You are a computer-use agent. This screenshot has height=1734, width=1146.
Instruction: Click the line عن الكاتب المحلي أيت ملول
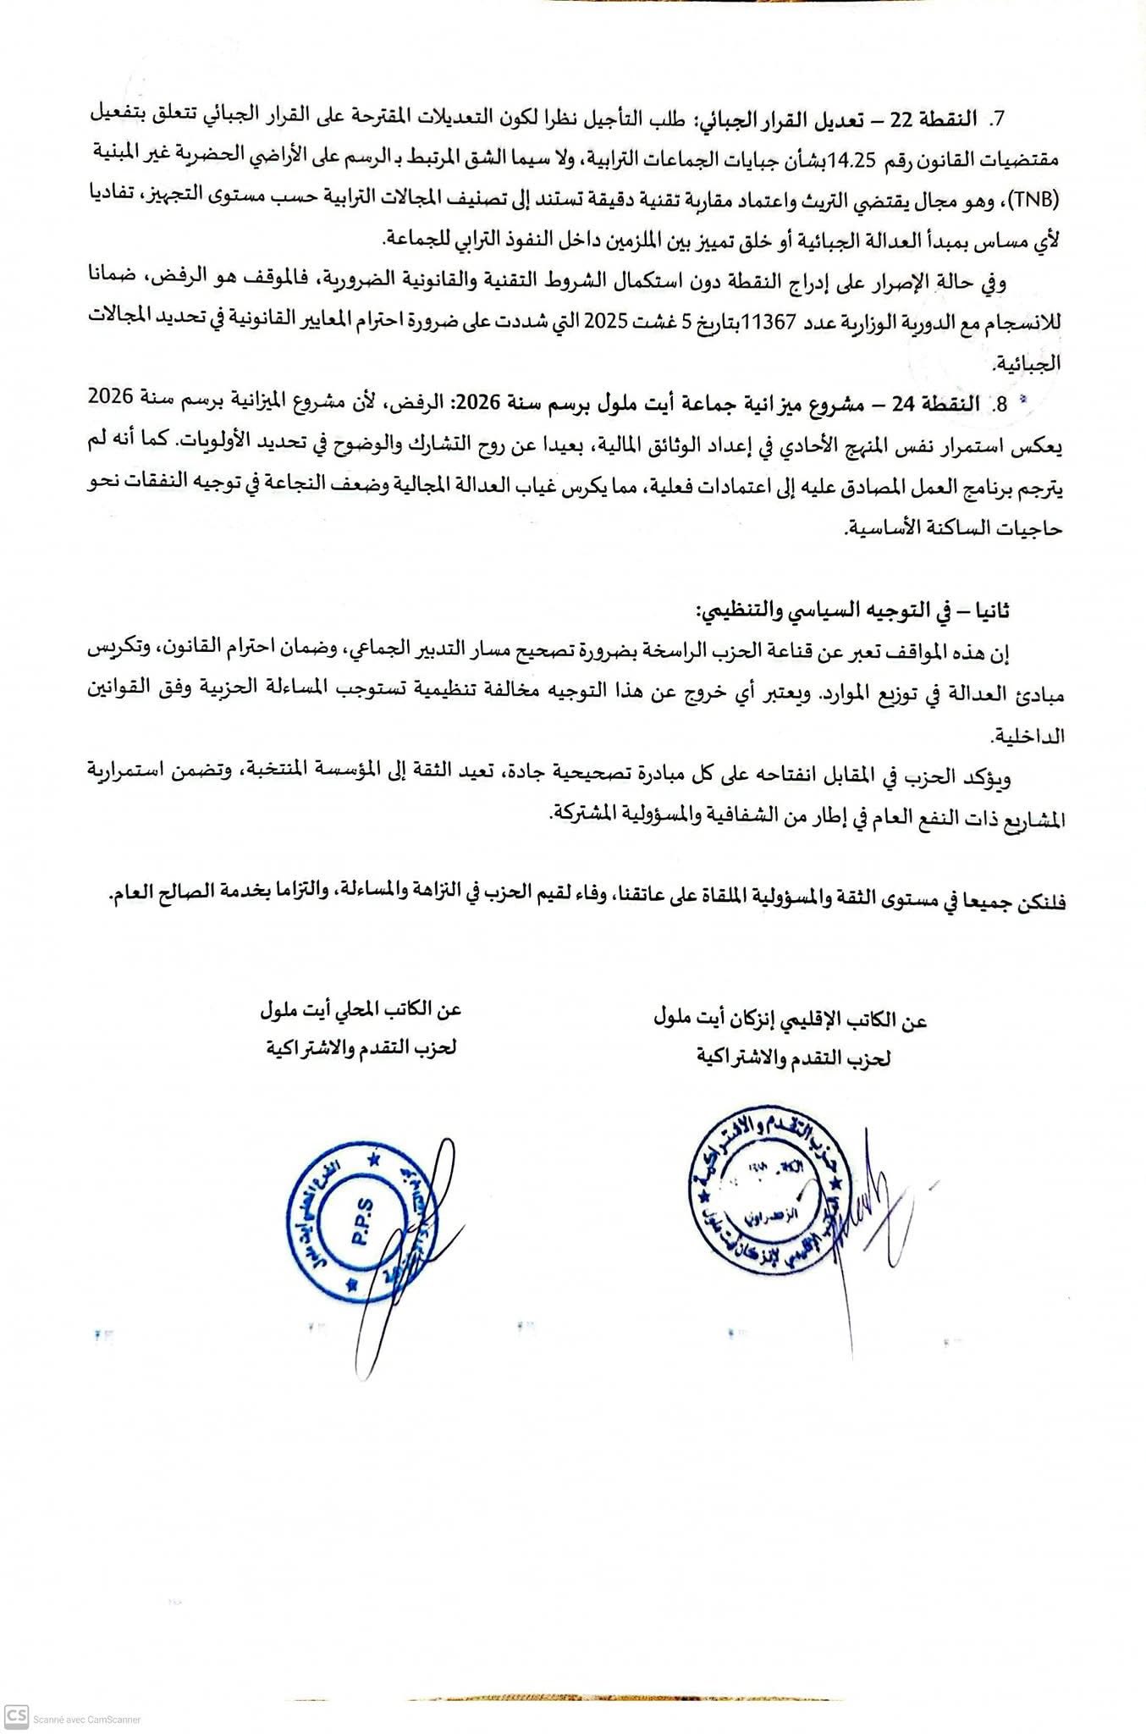(360, 1010)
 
